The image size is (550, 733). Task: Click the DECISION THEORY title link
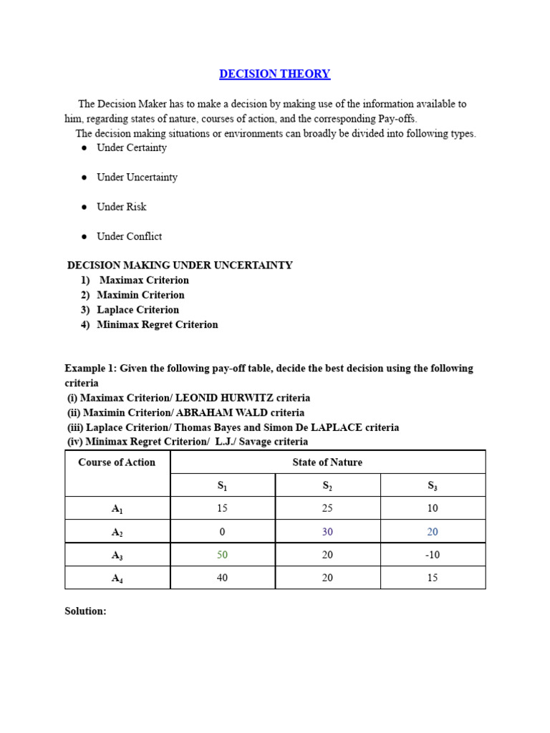(274, 74)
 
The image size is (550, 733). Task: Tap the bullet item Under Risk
(121, 207)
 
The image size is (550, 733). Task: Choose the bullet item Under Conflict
(129, 236)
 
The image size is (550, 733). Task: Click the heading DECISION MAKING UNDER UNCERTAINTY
(180, 266)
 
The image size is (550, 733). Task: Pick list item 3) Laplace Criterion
(137, 310)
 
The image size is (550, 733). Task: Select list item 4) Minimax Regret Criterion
(157, 325)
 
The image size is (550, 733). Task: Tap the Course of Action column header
(117, 462)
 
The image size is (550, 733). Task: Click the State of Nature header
(327, 462)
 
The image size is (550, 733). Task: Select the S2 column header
(327, 486)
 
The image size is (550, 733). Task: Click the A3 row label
(117, 555)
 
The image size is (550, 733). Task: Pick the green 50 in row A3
(222, 555)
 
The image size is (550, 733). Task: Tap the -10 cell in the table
(432, 555)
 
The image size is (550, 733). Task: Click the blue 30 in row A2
(327, 532)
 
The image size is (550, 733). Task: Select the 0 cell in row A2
(222, 532)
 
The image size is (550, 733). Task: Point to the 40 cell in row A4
(222, 578)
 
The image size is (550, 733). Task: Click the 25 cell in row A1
(327, 508)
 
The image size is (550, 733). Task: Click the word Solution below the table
(85, 611)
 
